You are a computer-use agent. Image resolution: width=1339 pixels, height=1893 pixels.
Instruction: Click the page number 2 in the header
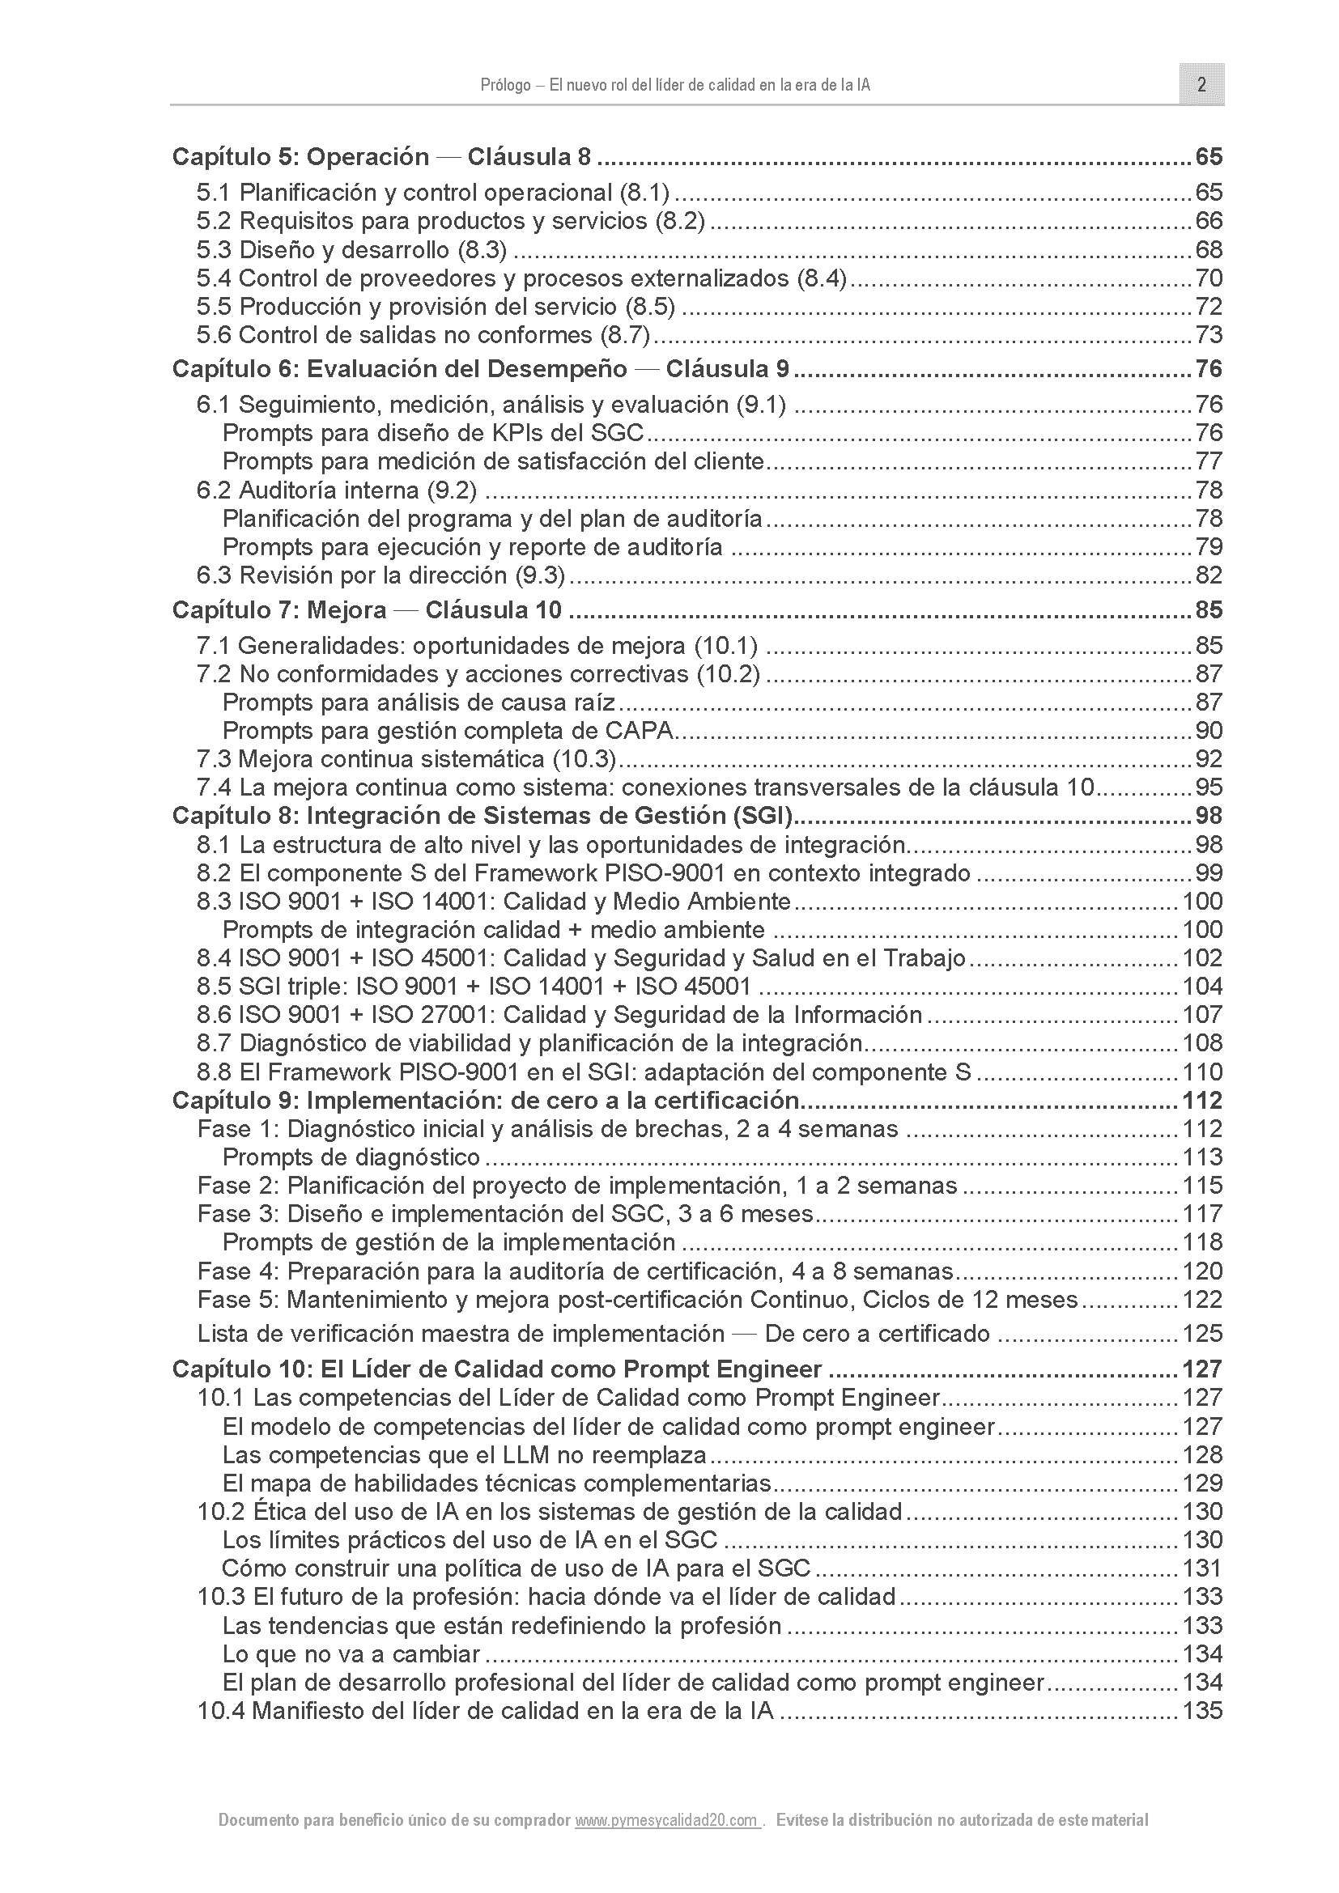1201,85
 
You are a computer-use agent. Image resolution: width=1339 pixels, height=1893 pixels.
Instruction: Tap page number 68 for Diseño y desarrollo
1208,250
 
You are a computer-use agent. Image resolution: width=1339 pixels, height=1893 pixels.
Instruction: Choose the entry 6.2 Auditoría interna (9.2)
337,490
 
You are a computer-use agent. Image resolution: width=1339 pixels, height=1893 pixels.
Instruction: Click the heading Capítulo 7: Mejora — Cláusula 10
367,610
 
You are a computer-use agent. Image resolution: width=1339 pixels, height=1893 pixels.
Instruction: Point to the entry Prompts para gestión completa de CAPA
449,731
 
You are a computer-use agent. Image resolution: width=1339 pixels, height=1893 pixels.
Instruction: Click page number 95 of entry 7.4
1208,787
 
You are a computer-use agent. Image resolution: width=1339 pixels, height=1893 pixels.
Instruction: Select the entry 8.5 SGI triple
474,987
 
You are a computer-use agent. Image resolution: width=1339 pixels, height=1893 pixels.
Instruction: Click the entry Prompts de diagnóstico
351,1157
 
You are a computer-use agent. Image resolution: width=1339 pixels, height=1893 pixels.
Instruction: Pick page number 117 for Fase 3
1202,1215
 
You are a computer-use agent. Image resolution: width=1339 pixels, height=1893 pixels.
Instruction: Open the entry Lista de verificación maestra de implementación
593,1334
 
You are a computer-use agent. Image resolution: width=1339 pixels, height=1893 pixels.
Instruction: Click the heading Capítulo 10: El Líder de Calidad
496,1369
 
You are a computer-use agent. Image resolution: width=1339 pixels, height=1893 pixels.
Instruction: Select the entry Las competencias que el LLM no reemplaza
464,1455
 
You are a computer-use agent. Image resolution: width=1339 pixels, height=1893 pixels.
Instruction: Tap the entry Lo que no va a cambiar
351,1654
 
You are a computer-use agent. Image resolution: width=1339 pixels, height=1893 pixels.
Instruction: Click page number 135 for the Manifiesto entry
1202,1711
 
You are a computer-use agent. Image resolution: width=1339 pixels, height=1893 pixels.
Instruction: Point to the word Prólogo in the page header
504,86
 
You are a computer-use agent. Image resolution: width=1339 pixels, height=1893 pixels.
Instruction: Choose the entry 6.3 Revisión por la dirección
381,575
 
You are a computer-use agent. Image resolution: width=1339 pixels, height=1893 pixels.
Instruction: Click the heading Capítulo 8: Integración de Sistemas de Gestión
482,817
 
